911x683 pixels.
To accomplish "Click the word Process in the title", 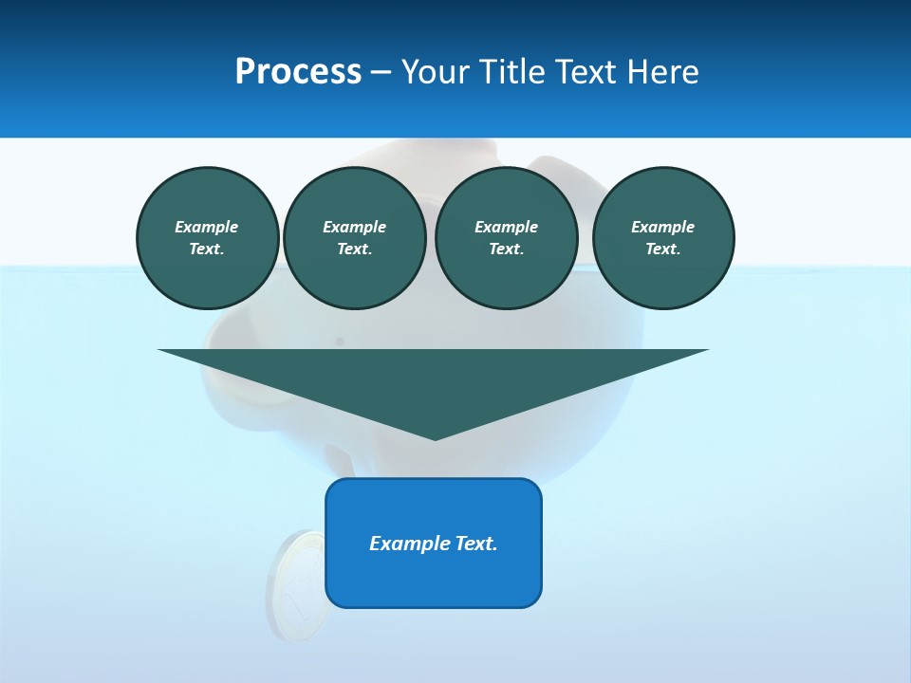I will point(298,72).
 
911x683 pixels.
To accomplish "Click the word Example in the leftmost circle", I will point(207,227).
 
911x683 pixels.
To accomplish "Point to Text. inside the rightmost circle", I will point(663,249).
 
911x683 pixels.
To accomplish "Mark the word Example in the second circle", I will point(355,227).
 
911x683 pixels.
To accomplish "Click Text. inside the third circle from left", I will point(507,249).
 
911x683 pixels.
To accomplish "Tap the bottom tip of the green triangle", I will point(435,438).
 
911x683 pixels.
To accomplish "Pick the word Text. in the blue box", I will point(476,544).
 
